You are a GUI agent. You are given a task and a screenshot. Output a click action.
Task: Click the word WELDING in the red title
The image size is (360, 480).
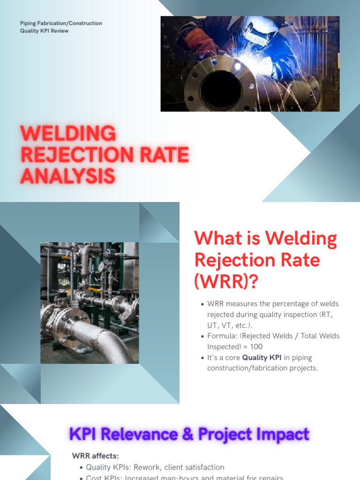[68, 134]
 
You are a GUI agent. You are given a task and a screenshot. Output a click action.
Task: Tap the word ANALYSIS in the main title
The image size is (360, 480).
[68, 176]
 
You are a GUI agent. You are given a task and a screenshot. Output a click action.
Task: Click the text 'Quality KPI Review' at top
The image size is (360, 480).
[44, 31]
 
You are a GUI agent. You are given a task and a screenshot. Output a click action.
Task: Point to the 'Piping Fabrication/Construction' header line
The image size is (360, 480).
[61, 23]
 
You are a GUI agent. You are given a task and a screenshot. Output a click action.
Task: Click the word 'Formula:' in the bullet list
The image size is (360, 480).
[222, 336]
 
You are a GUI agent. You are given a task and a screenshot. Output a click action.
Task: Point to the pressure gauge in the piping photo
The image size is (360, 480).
[101, 266]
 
